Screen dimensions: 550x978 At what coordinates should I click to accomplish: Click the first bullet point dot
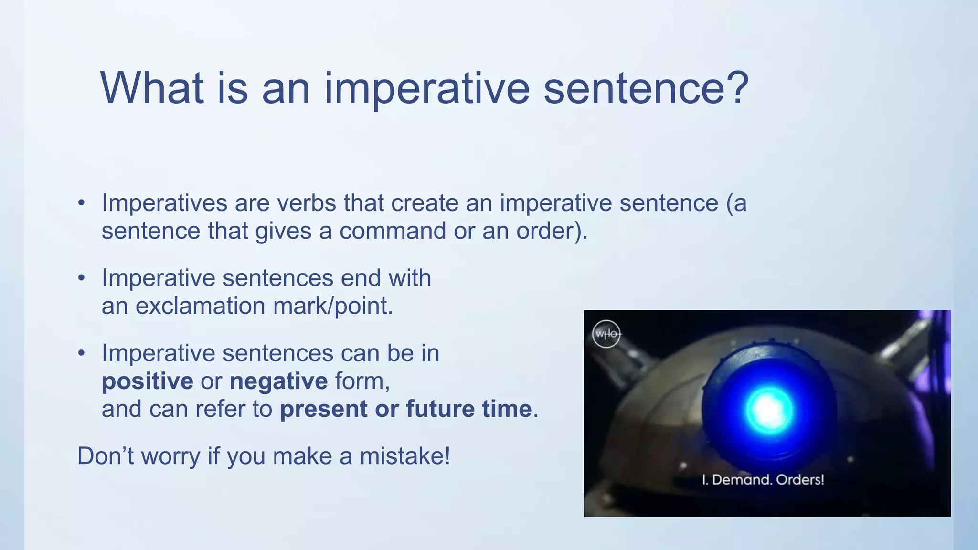(x=82, y=203)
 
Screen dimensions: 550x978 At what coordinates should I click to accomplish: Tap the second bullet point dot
(x=82, y=278)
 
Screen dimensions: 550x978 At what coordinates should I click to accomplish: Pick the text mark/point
(x=333, y=306)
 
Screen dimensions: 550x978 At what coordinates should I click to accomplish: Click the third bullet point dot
(x=82, y=354)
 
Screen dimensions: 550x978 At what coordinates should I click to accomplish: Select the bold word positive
(x=148, y=381)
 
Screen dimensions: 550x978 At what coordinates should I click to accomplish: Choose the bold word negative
(x=278, y=381)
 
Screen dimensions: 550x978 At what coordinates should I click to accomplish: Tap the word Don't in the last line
(x=105, y=456)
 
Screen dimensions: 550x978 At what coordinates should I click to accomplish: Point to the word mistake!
(x=405, y=456)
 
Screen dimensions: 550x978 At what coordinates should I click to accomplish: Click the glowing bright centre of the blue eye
(x=769, y=410)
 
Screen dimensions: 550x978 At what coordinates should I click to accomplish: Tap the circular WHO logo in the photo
(x=606, y=334)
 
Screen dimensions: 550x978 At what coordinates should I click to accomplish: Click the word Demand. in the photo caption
(x=742, y=479)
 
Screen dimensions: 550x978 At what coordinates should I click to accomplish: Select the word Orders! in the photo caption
(x=800, y=479)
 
